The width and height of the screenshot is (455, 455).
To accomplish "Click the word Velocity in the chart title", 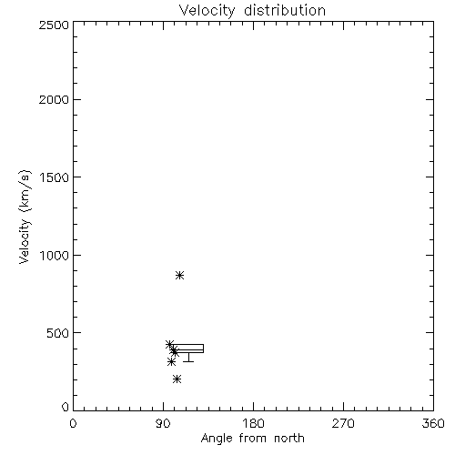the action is coord(207,11).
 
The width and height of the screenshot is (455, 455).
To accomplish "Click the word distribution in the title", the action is coord(285,10).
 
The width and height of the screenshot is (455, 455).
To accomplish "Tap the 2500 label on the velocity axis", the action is coord(54,25).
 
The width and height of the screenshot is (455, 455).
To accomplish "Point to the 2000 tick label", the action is coord(54,99).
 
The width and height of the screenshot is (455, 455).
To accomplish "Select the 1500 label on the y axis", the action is coord(55,177).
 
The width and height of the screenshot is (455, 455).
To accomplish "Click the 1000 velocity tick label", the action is coord(55,256).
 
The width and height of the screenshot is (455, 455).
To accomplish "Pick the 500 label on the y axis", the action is coord(58,333).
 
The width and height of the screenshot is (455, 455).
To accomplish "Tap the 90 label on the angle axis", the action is coord(163,423).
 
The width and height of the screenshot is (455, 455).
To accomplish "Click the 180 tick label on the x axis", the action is coord(253,423).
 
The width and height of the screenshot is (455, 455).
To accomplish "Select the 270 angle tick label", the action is coord(343,423).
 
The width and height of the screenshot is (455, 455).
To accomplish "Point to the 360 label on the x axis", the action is coord(433,423).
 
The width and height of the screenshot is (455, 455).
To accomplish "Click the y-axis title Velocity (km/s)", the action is coord(25,217).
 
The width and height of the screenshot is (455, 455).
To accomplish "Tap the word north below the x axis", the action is coord(289,439).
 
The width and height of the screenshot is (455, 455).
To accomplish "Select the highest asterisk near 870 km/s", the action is coord(179,276).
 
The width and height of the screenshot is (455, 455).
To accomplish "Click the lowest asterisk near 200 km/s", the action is coord(177,379).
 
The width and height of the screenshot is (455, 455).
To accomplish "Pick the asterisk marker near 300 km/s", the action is coord(171,362).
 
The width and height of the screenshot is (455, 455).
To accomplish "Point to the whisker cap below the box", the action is coord(188,361).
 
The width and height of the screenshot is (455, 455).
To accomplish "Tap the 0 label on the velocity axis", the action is coord(66,407).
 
